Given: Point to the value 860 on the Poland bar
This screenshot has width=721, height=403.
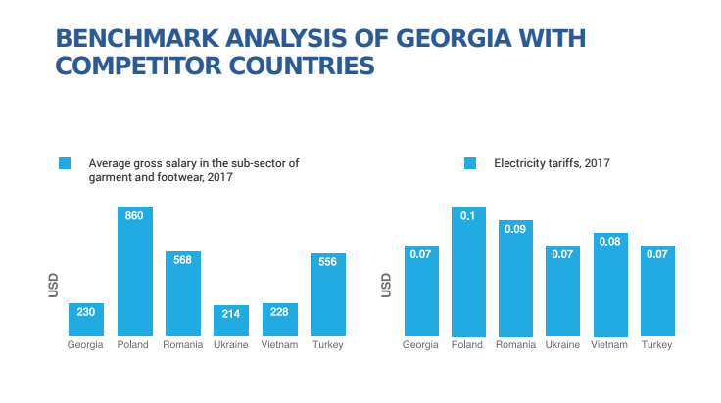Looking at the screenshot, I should coord(134,215).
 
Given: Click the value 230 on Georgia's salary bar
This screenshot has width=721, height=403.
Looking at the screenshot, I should coord(86,312).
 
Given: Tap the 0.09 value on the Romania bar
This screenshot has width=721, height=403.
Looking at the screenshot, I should coord(515,229).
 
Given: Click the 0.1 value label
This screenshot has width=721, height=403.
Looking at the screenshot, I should coord(468,216).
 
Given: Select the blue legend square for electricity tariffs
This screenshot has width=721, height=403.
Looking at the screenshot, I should coord(470,163).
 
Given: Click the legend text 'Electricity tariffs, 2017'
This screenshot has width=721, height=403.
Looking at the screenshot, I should coord(552,163).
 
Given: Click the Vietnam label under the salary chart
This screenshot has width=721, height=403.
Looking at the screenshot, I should coord(280,345).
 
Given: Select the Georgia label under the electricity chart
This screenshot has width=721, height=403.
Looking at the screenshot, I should coord(420,345).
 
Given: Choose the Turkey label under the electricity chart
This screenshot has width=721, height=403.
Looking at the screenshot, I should coord(657,345).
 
